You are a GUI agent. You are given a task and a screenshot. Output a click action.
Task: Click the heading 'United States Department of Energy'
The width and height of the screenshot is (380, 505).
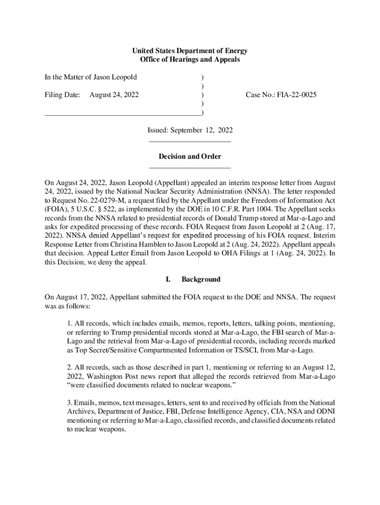tap(190, 51)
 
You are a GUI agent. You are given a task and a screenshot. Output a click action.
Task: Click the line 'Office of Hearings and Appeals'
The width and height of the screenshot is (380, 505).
tap(190, 60)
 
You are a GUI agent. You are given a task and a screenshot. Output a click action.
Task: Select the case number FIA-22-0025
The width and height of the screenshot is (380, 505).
tap(281, 95)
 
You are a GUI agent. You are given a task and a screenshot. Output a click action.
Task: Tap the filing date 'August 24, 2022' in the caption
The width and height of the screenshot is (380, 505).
tap(114, 95)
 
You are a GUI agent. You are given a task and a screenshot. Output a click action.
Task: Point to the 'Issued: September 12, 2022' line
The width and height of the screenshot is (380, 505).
tap(190, 130)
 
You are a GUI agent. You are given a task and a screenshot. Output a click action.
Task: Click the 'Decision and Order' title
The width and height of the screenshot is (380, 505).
tap(190, 157)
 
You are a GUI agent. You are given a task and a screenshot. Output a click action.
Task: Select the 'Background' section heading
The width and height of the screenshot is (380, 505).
tap(201, 280)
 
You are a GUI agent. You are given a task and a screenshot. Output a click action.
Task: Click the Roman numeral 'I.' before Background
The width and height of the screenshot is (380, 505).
tap(168, 280)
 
